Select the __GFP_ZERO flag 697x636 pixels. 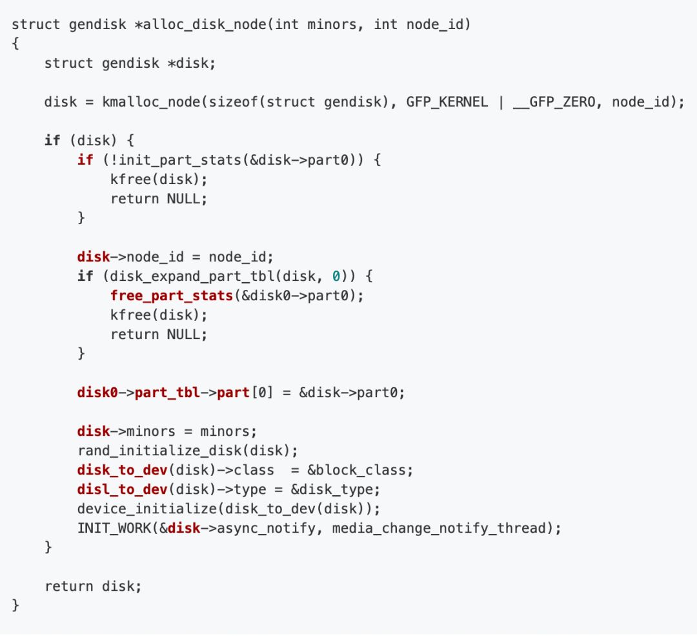[x=554, y=102]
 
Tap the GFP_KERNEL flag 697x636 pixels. [x=447, y=102]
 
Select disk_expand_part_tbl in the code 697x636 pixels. [x=188, y=276]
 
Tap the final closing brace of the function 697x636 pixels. [x=16, y=606]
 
